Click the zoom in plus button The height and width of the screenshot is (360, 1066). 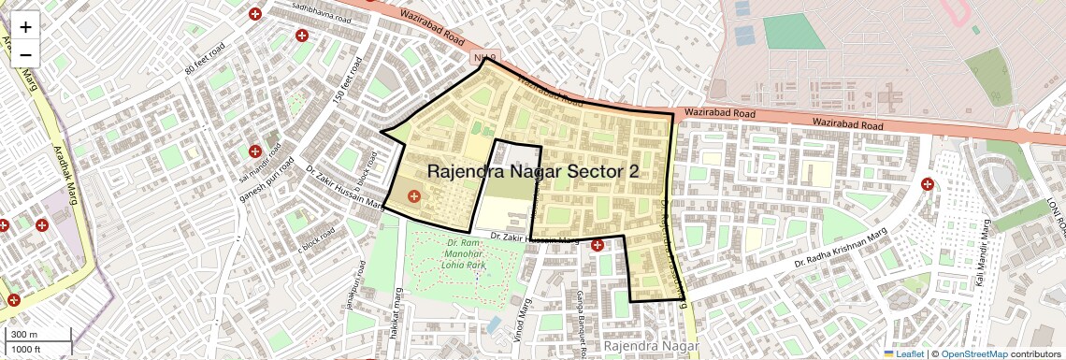point(25,26)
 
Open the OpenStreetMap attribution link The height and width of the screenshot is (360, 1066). point(973,353)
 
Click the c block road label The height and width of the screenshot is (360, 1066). point(315,240)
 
